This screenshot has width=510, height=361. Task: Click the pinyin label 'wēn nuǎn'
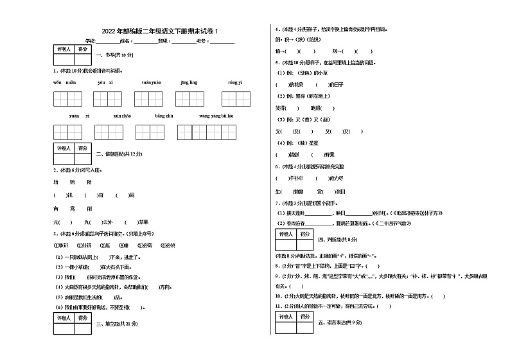pos(65,83)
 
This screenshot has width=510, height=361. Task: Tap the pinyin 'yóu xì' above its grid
pos(105,83)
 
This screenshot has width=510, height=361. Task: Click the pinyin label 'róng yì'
pos(235,83)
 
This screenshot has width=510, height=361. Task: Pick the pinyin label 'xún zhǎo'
pos(122,116)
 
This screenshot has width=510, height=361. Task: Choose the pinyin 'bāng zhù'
pos(164,116)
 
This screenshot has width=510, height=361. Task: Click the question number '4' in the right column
pos(276,30)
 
